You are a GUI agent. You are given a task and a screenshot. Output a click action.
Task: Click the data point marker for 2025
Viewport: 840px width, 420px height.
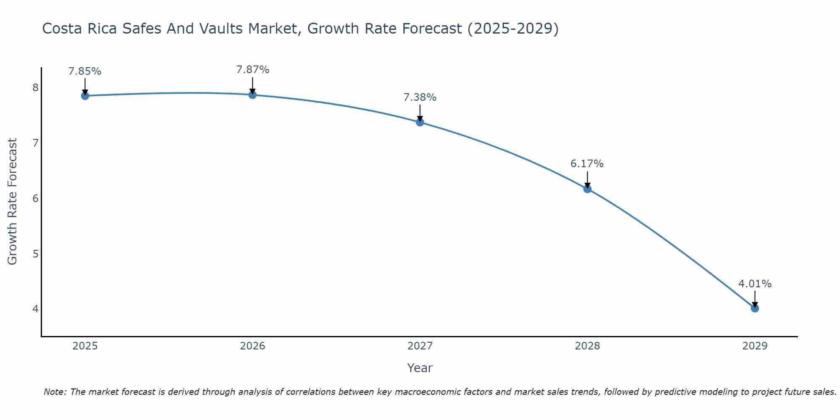click(85, 96)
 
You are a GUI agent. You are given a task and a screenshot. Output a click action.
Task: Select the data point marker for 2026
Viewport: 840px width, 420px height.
click(252, 95)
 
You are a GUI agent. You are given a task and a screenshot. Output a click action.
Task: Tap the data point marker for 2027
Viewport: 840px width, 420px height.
click(420, 122)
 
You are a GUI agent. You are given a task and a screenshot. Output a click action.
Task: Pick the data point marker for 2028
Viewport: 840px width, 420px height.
click(587, 189)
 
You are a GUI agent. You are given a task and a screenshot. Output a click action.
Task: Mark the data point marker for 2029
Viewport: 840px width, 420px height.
click(755, 308)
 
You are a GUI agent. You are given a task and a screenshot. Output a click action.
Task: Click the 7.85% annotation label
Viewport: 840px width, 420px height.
click(85, 71)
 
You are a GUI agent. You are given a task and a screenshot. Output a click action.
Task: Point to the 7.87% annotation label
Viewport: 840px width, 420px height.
click(252, 70)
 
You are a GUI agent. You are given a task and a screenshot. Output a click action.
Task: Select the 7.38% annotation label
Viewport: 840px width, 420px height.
click(420, 97)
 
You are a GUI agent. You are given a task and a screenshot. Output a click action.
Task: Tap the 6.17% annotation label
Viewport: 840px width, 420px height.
click(587, 164)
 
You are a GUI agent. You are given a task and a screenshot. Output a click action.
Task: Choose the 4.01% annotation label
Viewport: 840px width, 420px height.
click(755, 284)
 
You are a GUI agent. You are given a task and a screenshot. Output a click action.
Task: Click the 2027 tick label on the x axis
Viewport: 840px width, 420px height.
click(420, 346)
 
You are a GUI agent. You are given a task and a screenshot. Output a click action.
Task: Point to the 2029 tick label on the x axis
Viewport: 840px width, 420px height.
click(755, 346)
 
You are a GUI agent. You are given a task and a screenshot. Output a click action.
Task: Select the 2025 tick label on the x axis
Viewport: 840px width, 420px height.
click(85, 346)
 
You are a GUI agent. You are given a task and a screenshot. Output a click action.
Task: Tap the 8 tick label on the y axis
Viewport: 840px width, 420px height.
click(35, 87)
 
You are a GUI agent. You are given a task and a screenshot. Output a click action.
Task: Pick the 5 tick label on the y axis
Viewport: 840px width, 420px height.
click(35, 254)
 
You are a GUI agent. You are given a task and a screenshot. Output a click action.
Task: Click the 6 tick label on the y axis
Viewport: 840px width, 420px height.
click(35, 198)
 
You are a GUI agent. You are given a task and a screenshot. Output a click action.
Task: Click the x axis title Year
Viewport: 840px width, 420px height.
click(420, 368)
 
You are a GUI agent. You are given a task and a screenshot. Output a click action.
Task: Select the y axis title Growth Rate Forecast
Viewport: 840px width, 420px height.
click(13, 202)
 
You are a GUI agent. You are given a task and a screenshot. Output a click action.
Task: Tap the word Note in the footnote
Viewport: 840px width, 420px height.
click(55, 392)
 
